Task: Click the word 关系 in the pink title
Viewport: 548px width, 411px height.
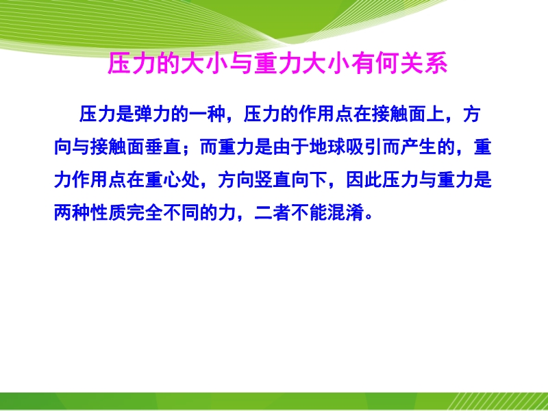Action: coord(423,64)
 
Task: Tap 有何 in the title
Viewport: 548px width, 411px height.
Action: coord(375,64)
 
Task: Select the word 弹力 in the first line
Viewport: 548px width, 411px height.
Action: coord(152,114)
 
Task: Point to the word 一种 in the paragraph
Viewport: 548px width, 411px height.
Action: coord(208,114)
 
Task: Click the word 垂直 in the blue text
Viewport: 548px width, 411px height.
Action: coord(163,147)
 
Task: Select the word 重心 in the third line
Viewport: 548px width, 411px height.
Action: coord(163,179)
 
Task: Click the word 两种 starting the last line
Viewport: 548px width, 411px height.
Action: coord(72,212)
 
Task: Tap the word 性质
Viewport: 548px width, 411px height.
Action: coord(108,212)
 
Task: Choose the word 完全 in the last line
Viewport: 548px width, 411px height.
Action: coord(145,212)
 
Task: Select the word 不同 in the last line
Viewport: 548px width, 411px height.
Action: coord(182,212)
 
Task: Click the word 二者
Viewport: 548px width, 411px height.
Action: coord(273,212)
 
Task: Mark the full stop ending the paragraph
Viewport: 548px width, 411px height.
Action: coord(369,216)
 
